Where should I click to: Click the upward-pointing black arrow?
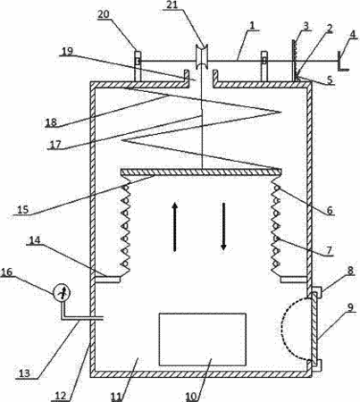click(175, 227)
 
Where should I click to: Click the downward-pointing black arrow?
click(223, 227)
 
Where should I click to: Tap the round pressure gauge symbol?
click(62, 292)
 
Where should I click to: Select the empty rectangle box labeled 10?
click(203, 339)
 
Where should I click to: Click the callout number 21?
click(172, 5)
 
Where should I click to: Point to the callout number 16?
click(7, 272)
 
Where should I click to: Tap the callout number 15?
click(22, 209)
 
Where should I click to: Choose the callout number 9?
click(350, 307)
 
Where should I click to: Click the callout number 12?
click(60, 396)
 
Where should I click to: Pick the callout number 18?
click(51, 122)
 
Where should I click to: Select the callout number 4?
click(352, 34)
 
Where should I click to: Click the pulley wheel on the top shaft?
click(201, 56)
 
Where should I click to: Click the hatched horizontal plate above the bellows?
click(201, 172)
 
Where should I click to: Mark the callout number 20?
click(104, 14)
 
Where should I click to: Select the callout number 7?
click(328, 250)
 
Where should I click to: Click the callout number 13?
click(24, 373)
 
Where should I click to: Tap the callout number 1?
click(252, 25)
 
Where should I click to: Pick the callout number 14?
click(35, 240)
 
